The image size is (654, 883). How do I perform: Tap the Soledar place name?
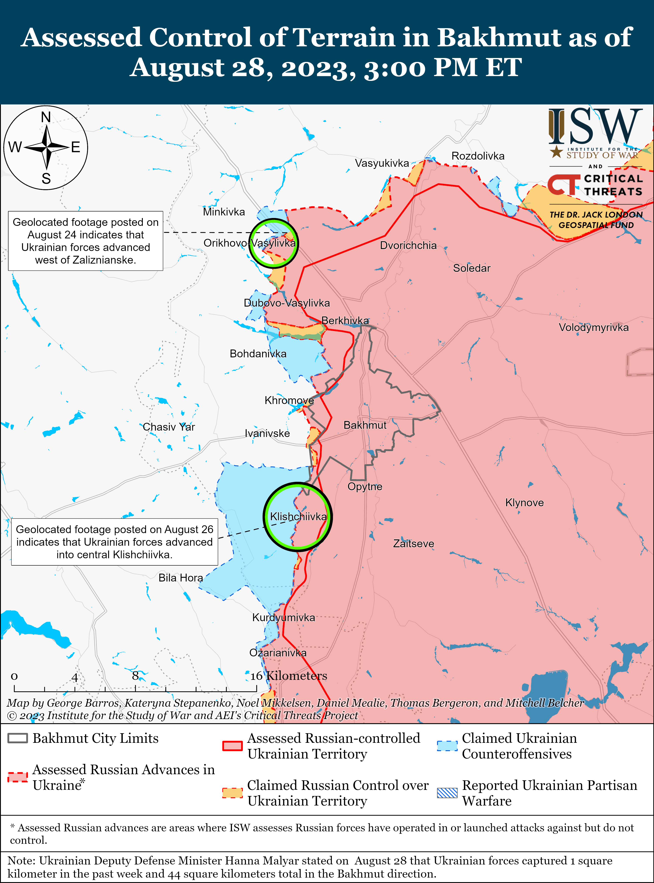coord(472,268)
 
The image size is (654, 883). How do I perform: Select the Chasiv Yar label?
coord(169,427)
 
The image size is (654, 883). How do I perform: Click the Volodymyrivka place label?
coord(593,327)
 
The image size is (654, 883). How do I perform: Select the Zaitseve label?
coord(413,544)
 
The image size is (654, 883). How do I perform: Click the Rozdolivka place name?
coord(478,156)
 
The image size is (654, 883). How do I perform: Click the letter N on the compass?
coord(46,117)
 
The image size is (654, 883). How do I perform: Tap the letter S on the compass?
coord(46,179)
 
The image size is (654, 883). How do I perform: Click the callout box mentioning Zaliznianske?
coord(85,241)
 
